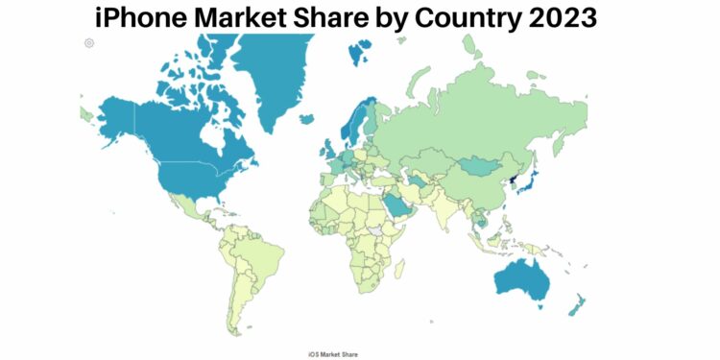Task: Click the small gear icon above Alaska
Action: pyautogui.click(x=89, y=42)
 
